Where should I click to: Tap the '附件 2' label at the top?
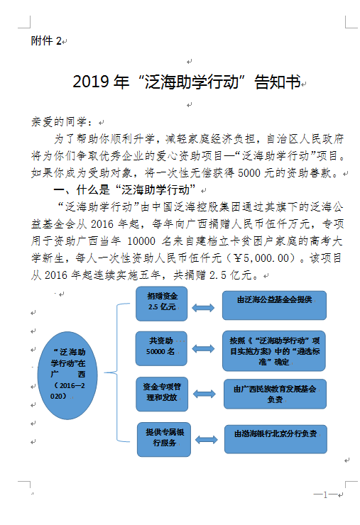47,41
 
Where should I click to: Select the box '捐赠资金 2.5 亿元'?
163,303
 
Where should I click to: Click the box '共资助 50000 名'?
163,346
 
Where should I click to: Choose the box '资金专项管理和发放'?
163,392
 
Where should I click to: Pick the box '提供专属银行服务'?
163,438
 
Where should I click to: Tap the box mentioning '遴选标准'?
274,349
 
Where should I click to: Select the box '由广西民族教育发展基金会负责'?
274,394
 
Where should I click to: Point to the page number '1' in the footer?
324,494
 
